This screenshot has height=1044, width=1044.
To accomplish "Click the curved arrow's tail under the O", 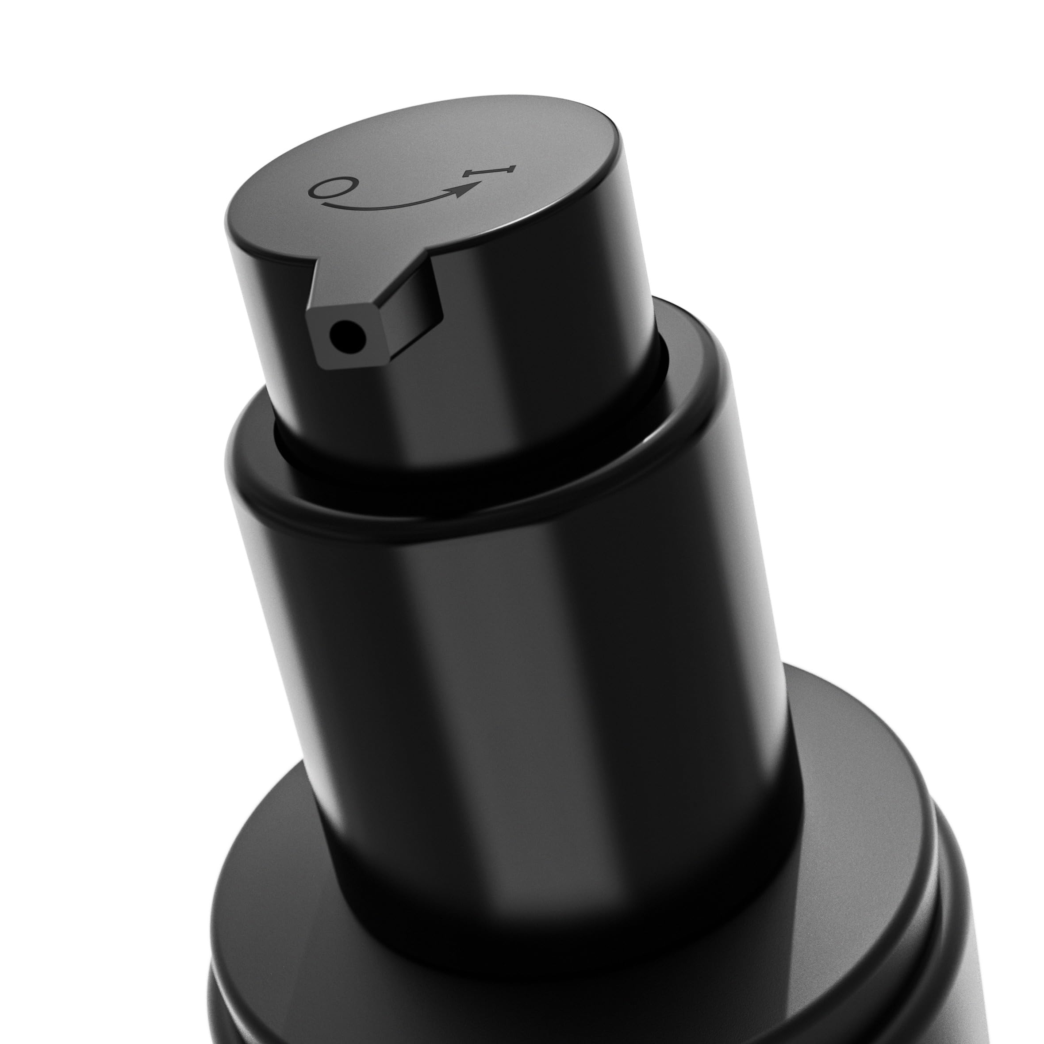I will tap(346, 206).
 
